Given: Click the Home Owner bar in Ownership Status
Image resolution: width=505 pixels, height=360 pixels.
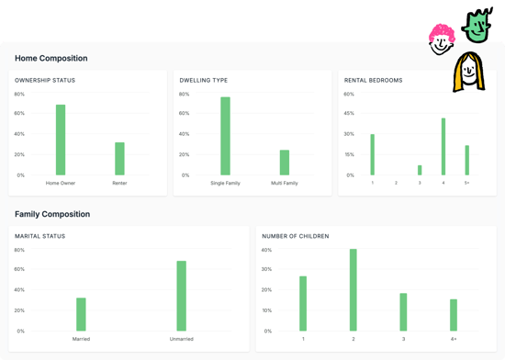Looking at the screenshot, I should click(61, 140).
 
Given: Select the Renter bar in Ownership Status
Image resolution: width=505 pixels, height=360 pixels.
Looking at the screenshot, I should click(119, 159).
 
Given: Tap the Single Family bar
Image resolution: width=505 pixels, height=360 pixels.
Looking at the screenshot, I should click(225, 136).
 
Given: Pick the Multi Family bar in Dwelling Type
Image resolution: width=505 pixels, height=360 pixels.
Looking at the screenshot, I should click(285, 163).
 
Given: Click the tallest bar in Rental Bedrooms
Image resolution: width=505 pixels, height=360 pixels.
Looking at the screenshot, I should click(443, 146).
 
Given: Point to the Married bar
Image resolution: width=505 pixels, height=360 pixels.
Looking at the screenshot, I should click(81, 314).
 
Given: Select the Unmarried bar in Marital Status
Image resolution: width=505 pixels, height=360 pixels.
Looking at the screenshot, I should click(182, 296).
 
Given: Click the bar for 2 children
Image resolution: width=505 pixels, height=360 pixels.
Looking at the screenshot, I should click(353, 290).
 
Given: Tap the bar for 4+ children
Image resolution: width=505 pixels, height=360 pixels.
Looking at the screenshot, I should click(454, 315).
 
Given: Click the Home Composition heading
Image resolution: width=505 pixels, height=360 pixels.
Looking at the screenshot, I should click(51, 58).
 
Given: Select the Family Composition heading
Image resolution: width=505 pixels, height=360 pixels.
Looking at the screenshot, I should click(52, 214).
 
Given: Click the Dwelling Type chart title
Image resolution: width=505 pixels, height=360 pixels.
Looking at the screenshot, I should click(204, 80).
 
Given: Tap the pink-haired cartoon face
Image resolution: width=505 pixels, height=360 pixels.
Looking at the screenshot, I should click(442, 39).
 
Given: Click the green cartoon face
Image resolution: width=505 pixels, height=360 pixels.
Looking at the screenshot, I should click(477, 26).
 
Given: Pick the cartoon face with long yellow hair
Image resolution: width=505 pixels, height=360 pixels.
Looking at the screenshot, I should click(468, 73).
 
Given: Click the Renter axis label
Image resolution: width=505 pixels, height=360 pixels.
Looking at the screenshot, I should click(119, 184).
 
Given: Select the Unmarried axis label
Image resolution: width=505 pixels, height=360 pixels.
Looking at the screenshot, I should click(182, 339).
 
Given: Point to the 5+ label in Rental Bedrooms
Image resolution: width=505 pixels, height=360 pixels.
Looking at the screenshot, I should click(466, 184).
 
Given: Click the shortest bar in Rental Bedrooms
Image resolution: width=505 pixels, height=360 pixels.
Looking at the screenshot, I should click(420, 170).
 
